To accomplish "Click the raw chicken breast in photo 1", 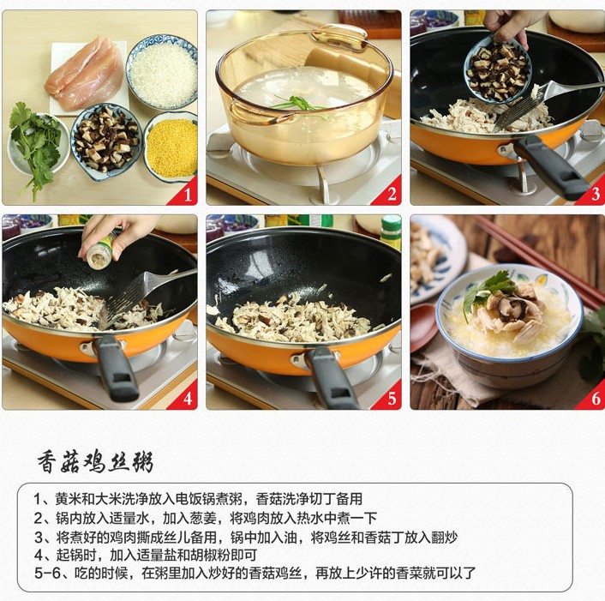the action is click(84, 74).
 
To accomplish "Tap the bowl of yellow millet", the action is click(171, 147).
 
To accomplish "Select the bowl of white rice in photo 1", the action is click(163, 73).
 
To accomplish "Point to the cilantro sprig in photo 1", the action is click(34, 147).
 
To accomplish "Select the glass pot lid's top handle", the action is click(338, 37).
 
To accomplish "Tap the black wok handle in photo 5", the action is click(332, 378).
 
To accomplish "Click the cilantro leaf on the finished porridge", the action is click(487, 290).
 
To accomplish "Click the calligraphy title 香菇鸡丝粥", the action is click(95, 461).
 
